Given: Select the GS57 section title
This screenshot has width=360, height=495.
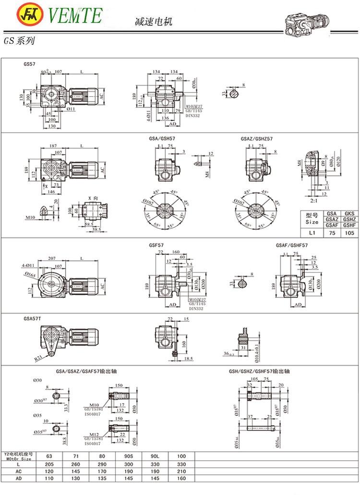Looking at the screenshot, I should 29,63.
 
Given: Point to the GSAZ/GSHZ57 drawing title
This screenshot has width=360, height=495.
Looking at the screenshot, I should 257,139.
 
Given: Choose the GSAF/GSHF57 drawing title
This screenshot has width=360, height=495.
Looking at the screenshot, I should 292,245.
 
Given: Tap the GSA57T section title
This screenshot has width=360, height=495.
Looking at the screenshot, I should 32,319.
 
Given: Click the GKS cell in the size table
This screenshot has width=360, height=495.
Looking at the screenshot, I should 349,214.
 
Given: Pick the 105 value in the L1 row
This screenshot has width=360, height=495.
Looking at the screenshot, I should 349,233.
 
